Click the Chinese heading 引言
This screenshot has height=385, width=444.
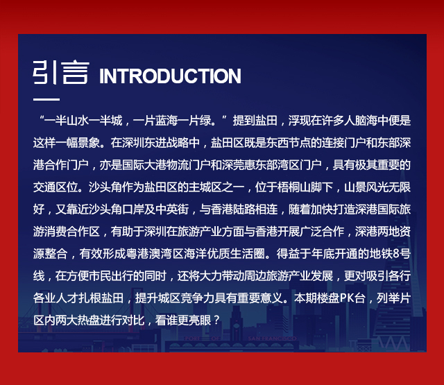(61, 72)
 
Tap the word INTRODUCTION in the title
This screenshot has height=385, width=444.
(170, 76)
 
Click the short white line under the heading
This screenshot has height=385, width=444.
(46, 99)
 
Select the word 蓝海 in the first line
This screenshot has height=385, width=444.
(166, 121)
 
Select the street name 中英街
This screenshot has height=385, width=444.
(172, 209)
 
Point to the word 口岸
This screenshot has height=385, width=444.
(133, 209)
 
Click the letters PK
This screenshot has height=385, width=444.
(345, 298)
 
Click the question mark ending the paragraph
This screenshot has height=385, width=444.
(216, 320)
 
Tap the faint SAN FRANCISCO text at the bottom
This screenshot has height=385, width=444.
(272, 339)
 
